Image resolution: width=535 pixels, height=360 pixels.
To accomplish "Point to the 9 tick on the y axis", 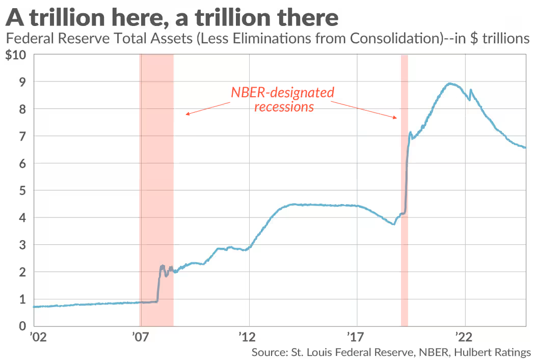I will point(22,82).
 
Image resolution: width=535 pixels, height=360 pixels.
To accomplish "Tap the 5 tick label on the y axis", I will point(22,190).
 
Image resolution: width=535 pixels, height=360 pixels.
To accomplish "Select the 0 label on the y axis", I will point(22,326).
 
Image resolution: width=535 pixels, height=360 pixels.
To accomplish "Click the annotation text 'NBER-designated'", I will point(283,93).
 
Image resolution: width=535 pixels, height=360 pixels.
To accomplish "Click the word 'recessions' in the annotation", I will point(284,107).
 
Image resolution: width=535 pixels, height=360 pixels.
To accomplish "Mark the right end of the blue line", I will point(525,148).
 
